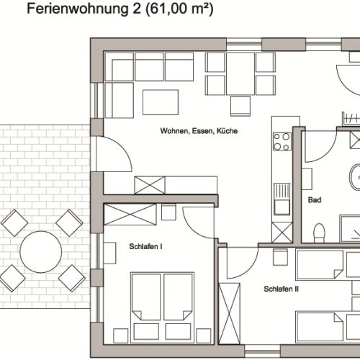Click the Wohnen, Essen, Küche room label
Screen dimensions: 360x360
[199, 132]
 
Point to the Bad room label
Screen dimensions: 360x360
[314, 200]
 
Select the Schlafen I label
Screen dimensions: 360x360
[145, 247]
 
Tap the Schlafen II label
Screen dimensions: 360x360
[281, 289]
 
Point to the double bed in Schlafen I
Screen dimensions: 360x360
[162, 297]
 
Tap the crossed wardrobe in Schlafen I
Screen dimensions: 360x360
[130, 214]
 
